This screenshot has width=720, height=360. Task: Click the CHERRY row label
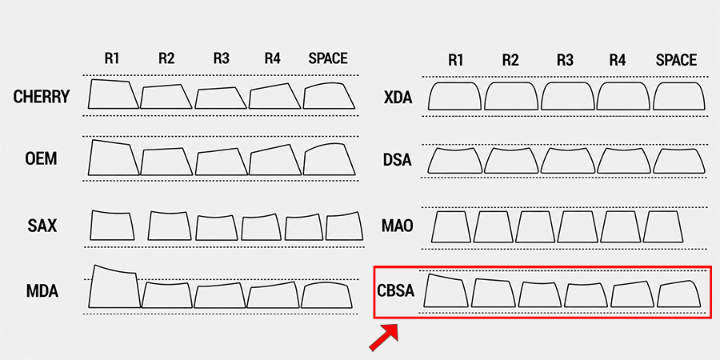coord(42,97)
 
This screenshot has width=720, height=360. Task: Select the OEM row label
coord(41,159)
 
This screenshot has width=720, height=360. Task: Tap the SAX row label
coord(42,226)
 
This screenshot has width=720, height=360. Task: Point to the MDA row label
coord(42,291)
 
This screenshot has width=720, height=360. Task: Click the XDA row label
coord(398,98)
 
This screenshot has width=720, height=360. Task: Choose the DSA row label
coord(397,160)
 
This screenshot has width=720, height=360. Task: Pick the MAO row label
coord(397,226)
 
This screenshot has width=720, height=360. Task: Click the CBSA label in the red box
coord(396,291)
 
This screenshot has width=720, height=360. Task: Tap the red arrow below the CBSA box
coord(384,337)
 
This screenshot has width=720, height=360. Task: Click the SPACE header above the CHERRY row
coord(328,58)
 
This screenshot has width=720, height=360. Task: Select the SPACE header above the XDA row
coord(676,60)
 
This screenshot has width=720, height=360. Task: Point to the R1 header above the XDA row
coord(455,60)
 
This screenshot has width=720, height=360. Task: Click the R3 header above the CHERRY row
coord(222,58)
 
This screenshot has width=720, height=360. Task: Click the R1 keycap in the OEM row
coord(114,158)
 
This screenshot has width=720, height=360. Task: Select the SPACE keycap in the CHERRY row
coord(329,95)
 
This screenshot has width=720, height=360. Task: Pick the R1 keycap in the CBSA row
coord(446,290)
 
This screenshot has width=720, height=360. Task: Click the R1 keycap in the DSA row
coord(454,160)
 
